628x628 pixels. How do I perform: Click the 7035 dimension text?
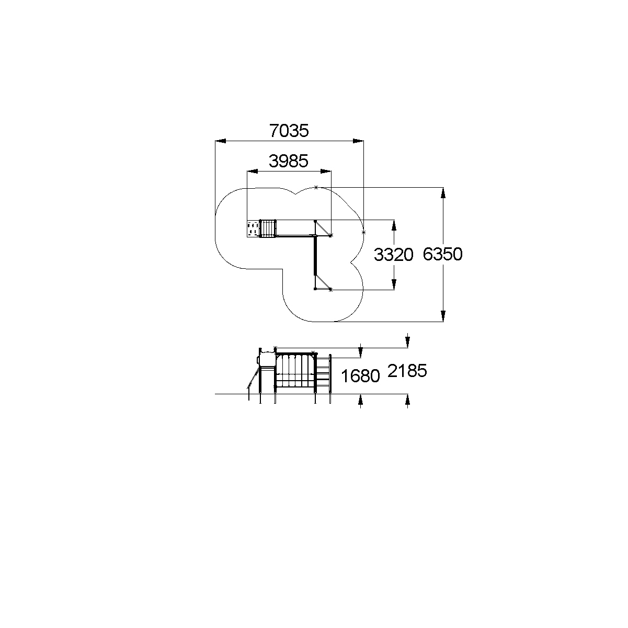click(289, 131)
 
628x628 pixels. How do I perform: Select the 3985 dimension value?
click(288, 161)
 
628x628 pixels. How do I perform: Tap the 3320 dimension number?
click(393, 255)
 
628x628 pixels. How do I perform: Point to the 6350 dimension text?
click(442, 255)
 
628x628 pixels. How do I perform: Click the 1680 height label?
click(360, 376)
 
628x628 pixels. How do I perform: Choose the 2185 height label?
click(407, 371)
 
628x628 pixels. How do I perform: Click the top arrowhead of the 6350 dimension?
click(443, 192)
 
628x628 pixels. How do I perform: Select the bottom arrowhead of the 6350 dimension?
click(443, 316)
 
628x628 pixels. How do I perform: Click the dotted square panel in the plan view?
click(253, 229)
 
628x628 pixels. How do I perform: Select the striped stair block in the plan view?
click(268, 229)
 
